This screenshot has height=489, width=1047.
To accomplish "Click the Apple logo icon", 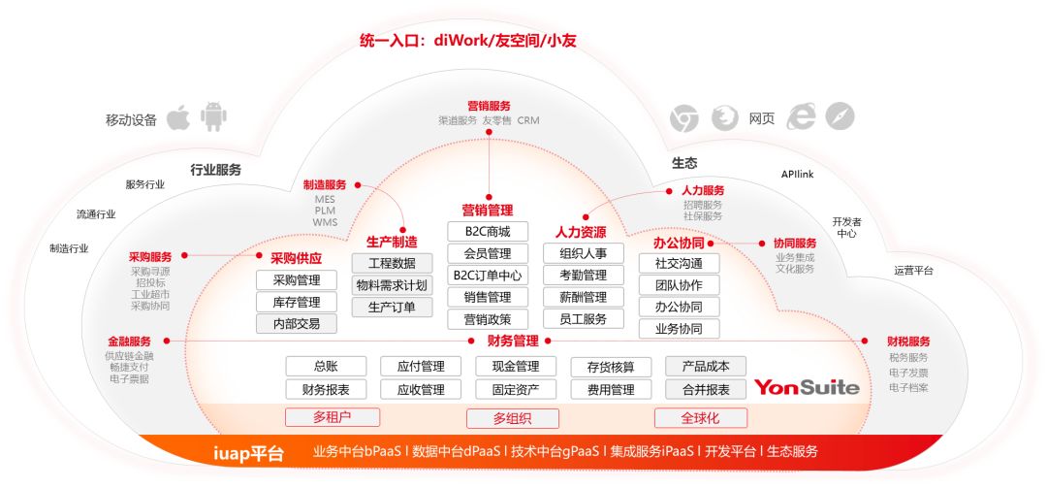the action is click(177, 117).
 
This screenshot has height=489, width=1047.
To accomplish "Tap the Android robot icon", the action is click(213, 116).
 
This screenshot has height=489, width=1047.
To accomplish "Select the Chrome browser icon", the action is click(684, 118).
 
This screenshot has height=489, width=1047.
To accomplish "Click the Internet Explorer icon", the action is click(801, 117).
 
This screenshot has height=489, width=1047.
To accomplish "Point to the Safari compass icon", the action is click(840, 116).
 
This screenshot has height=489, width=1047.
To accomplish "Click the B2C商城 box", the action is click(488, 232).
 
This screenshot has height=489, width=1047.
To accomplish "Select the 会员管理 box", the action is click(488, 254).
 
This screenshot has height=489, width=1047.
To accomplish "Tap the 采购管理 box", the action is click(297, 279).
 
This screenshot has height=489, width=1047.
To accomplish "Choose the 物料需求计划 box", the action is click(392, 285).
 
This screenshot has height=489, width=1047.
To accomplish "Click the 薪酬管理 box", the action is click(584, 297).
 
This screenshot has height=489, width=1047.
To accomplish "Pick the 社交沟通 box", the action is click(679, 263).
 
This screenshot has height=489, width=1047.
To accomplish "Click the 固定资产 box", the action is click(516, 389).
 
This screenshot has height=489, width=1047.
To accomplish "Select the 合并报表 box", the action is click(706, 389).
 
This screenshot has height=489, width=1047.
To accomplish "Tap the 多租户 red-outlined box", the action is click(333, 417).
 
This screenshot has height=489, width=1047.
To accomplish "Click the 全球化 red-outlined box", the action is click(701, 418).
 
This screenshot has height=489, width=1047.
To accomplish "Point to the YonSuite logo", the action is click(807, 387).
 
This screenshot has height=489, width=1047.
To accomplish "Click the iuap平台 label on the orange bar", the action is click(248, 454).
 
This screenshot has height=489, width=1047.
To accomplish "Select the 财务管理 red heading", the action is click(513, 342).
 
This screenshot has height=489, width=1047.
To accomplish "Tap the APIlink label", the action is click(797, 175).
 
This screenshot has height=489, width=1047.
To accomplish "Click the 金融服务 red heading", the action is click(130, 342).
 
